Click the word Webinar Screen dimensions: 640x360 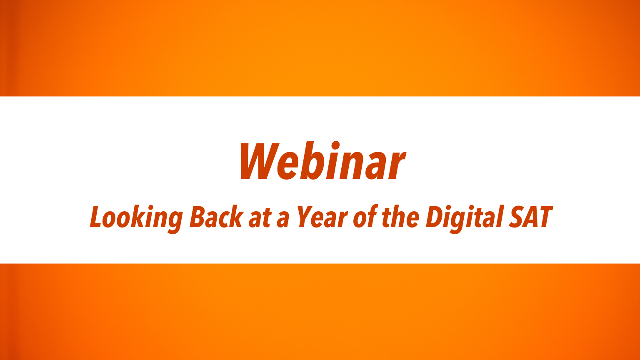point(322,160)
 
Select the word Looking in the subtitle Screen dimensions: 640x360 point(136,219)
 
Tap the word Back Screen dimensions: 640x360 point(217,217)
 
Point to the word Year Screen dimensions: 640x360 point(322,217)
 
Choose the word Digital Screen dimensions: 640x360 point(464,219)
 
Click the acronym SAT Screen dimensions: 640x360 point(530,217)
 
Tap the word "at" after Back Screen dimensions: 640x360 point(260,218)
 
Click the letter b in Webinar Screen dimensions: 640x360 point(319,160)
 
